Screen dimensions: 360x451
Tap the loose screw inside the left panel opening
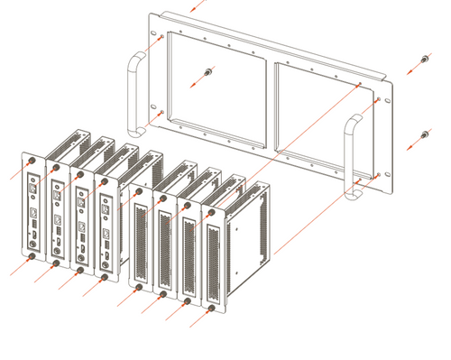pyautogui.click(x=208, y=71)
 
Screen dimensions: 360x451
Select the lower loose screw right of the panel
pyautogui.click(x=425, y=136)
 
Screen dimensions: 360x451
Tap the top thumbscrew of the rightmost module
pyautogui.click(x=212, y=213)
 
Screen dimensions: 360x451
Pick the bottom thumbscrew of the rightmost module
pyautogui.click(x=212, y=308)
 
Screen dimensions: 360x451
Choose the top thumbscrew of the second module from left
pyautogui.click(x=56, y=168)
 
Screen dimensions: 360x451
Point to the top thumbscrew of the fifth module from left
pyautogui.click(x=138, y=190)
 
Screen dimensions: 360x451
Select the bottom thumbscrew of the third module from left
pyautogui.click(x=81, y=270)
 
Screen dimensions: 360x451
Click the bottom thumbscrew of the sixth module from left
pyautogui.click(x=163, y=292)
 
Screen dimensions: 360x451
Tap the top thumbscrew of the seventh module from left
pyautogui.click(x=188, y=205)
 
